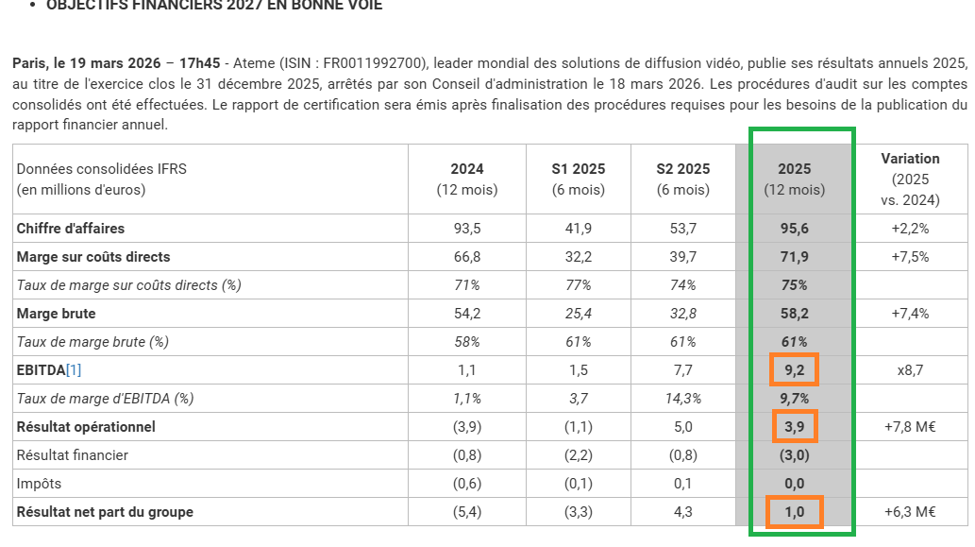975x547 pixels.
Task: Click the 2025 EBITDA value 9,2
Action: pos(794,370)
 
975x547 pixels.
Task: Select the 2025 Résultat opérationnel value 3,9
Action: pos(794,427)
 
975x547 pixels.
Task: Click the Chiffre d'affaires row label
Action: pos(71,229)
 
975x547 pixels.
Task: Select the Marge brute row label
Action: pos(56,314)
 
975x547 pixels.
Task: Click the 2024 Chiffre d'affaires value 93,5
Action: pos(467,229)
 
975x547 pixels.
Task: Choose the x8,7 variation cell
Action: pos(910,370)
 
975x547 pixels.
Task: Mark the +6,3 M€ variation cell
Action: pos(910,512)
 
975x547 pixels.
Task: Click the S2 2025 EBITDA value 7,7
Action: pos(682,370)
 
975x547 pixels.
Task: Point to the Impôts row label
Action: pos(39,484)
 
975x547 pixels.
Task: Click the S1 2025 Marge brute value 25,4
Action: pos(578,314)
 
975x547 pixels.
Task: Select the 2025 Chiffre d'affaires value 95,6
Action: pos(794,229)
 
